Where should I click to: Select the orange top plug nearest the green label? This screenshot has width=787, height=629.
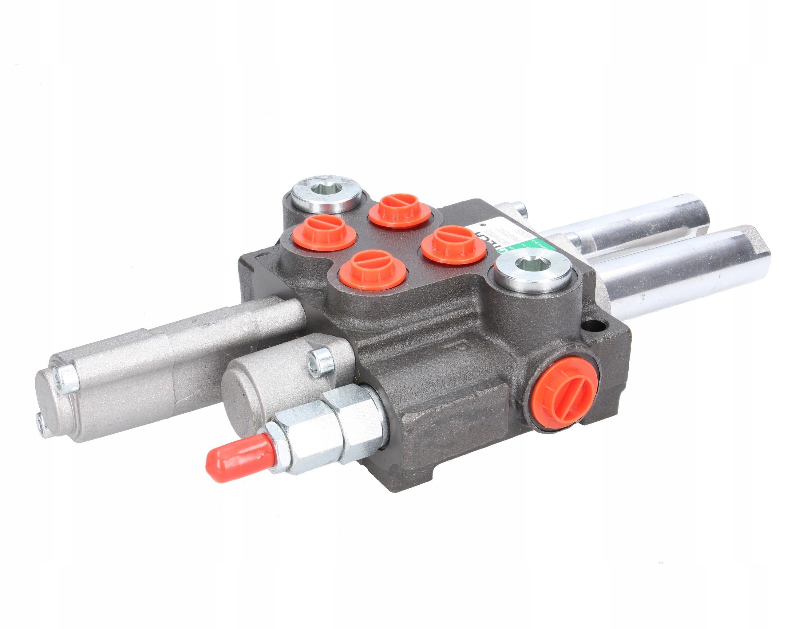(x=453, y=244)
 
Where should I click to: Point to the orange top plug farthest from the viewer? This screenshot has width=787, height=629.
(x=401, y=210)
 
